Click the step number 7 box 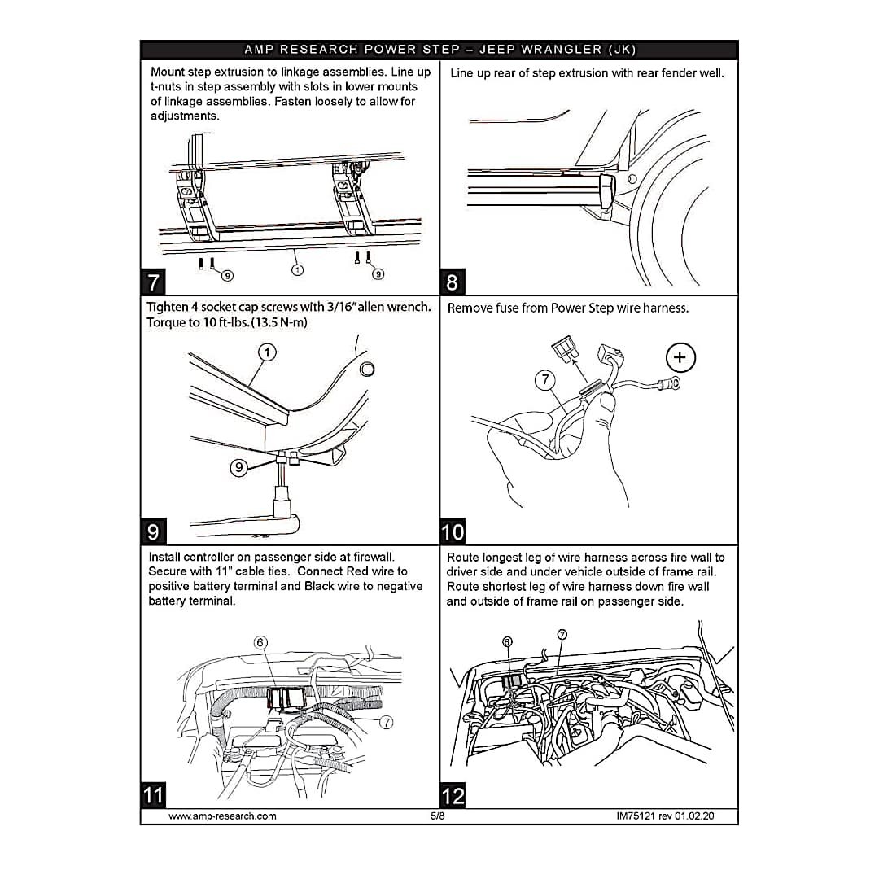pos(154,282)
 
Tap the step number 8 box pos(453,282)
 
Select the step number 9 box pos(154,531)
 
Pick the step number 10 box pos(453,531)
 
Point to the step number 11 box pos(154,794)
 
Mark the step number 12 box pos(453,794)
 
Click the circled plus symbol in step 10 pos(680,356)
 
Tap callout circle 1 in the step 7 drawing pos(297,269)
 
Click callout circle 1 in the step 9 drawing pos(268,352)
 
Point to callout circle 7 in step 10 pos(545,378)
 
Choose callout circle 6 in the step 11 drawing pos(260,642)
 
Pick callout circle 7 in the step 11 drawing pos(387,722)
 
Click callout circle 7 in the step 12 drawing pos(562,634)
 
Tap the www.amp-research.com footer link pos(222,816)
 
